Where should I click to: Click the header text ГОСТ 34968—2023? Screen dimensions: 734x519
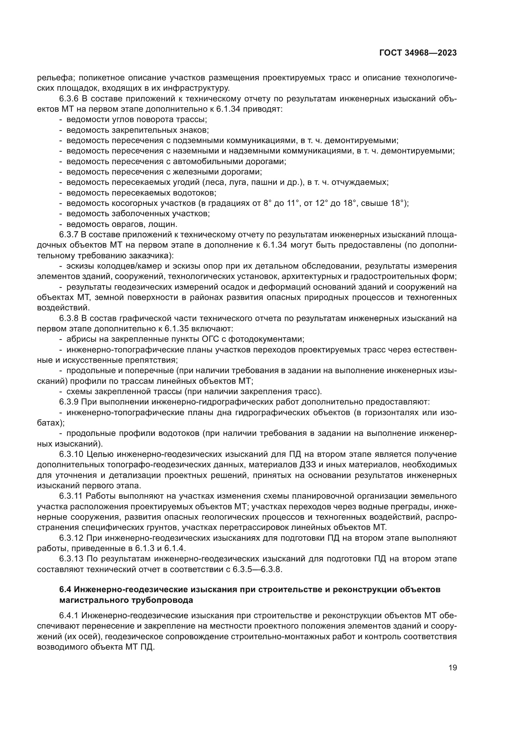point(418,53)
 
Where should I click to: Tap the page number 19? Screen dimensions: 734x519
point(452,668)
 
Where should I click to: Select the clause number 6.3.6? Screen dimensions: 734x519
point(69,99)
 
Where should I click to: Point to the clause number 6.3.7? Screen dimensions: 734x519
point(69,235)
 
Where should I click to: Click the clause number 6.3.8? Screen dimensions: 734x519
point(69,319)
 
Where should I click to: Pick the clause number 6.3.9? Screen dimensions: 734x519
point(69,402)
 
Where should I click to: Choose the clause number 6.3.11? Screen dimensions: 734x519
point(71,496)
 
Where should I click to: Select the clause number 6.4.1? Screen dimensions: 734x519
point(69,616)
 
